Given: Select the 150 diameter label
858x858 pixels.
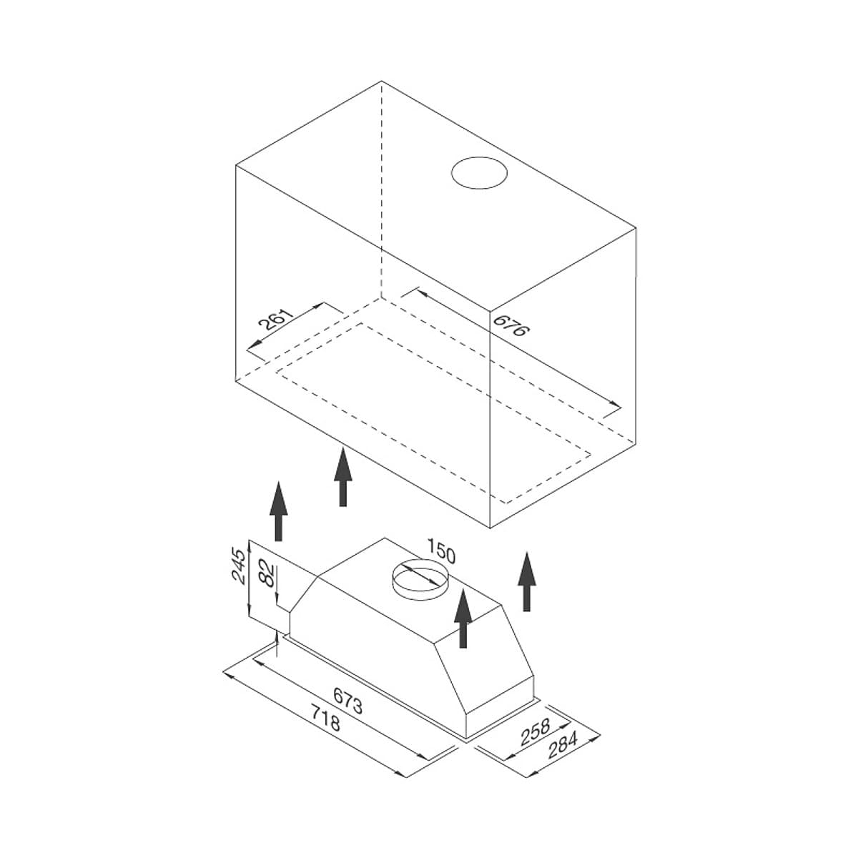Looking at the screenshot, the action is (442, 551).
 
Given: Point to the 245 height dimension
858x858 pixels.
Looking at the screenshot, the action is (238, 566).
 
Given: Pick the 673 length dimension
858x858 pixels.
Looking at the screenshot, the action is (347, 701).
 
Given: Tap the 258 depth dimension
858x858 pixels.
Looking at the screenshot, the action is (536, 732).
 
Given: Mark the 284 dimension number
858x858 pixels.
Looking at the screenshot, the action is (563, 744).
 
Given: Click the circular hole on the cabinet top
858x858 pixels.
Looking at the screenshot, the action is (479, 173).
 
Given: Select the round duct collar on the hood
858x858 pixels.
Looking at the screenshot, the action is (420, 581).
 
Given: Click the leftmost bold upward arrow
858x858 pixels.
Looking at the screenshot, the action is (278, 511).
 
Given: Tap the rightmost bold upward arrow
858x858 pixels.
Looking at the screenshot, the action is (527, 581).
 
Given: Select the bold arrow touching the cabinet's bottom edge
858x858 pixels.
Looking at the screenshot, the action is (343, 477).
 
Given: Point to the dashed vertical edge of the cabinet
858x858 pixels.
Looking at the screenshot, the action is (382, 189).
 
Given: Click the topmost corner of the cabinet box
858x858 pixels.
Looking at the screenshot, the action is (382, 81).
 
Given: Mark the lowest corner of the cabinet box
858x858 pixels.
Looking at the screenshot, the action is (490, 528).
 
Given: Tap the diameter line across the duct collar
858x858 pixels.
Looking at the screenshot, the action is (418, 576).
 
